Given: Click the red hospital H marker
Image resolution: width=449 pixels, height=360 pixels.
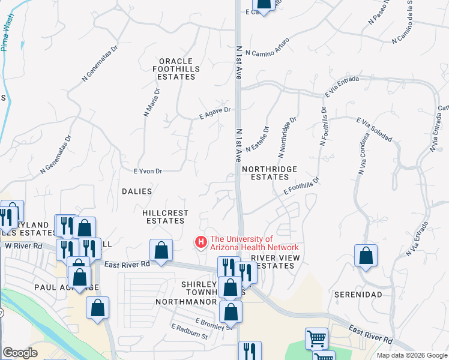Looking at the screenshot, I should (x=201, y=242).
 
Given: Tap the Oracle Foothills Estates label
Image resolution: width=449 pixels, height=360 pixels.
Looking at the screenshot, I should (x=176, y=69).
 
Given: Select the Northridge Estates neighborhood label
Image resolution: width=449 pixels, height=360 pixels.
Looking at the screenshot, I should (x=270, y=173).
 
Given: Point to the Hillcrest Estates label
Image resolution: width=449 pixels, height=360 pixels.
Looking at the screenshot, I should (x=166, y=217).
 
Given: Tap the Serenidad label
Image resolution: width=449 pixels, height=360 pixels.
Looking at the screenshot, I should (x=358, y=295).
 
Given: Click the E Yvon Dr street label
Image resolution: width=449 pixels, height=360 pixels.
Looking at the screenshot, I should (x=148, y=171).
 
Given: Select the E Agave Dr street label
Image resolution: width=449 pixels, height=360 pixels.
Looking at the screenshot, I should (x=215, y=111).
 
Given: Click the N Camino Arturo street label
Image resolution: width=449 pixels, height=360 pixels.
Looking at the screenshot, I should (x=267, y=47).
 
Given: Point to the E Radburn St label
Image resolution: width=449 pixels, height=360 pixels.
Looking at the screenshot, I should (x=189, y=331).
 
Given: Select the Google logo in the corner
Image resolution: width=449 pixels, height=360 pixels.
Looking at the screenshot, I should (x=20, y=353).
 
